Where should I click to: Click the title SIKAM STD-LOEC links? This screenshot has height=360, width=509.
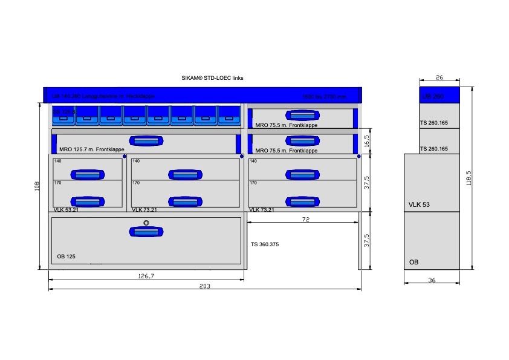(x=212, y=78)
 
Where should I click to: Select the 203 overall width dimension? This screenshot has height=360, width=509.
(x=205, y=286)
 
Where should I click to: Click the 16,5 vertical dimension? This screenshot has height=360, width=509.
(x=367, y=142)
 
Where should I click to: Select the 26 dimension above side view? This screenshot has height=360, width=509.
(x=439, y=77)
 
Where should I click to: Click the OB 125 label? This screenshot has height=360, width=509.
(x=66, y=257)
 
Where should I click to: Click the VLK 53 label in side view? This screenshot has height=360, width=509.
(x=419, y=205)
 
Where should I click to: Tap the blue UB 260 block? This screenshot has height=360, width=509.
(x=440, y=96)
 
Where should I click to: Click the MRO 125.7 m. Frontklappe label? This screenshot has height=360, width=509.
(x=92, y=149)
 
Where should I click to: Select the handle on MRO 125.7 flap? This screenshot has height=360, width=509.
(x=146, y=141)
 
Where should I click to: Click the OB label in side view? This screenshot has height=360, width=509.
(x=413, y=262)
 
